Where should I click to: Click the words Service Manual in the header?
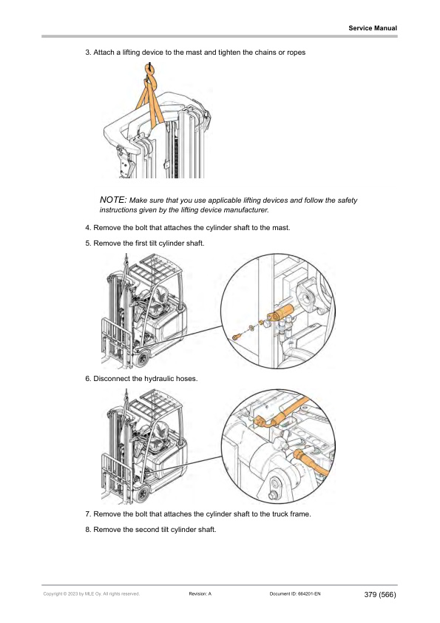click(x=373, y=28)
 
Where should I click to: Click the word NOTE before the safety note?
click(x=113, y=200)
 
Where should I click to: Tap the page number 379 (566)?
click(x=380, y=594)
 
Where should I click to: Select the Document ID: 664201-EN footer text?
click(x=294, y=594)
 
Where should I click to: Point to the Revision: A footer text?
click(x=200, y=594)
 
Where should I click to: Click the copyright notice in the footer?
click(x=92, y=594)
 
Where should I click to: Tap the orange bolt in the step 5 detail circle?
click(x=237, y=337)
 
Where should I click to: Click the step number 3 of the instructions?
click(x=88, y=53)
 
